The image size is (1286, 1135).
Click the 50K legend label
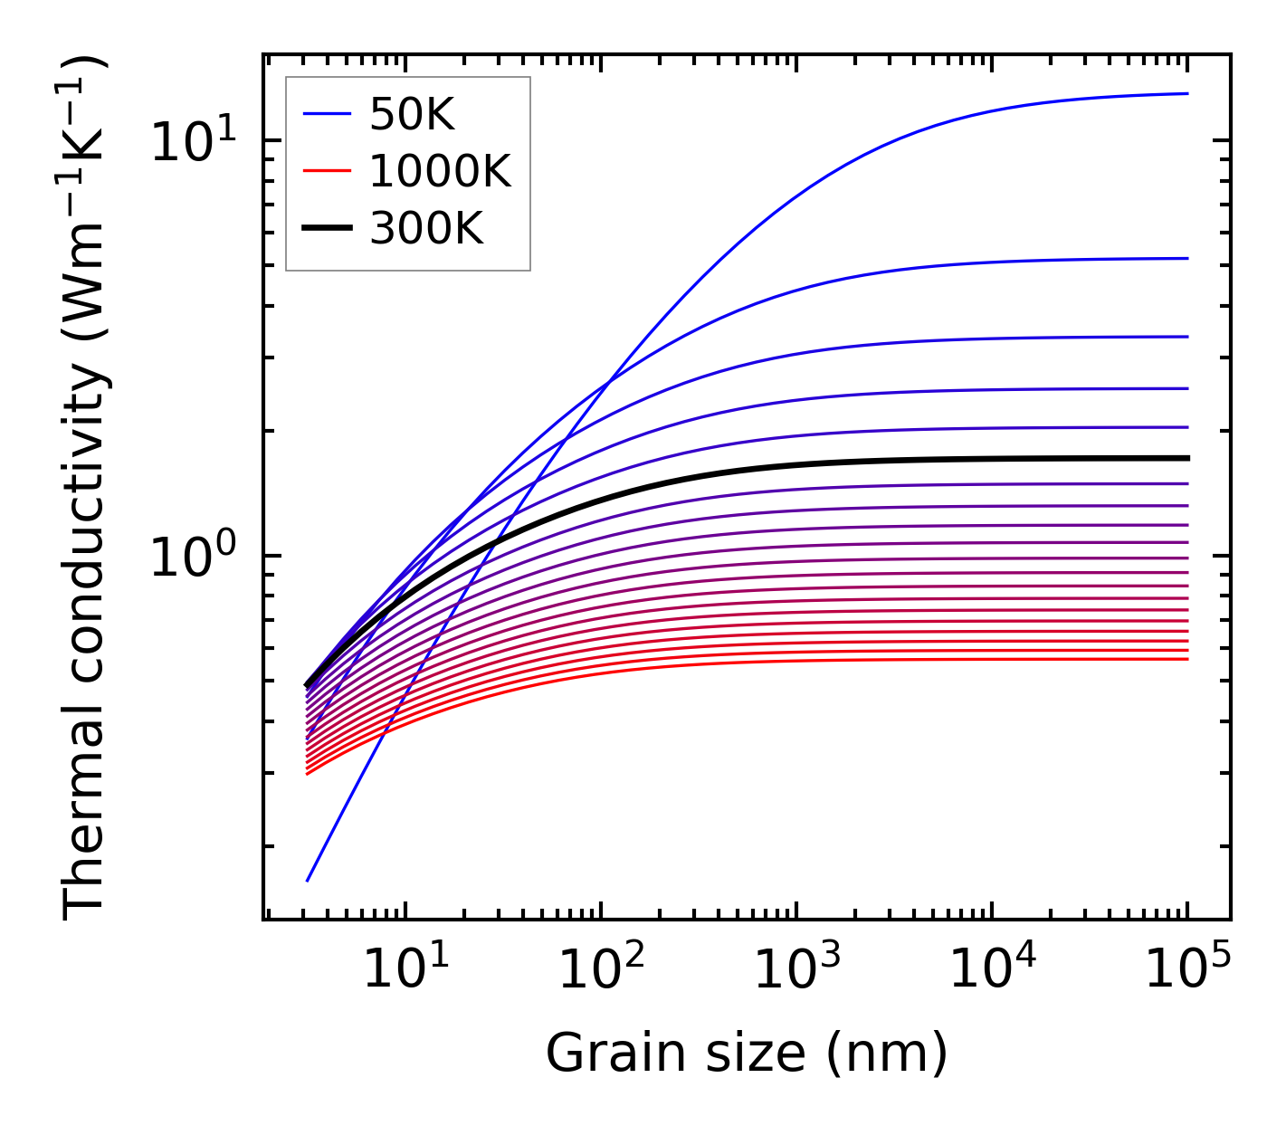pos(412,114)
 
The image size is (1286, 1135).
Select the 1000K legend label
pos(440,171)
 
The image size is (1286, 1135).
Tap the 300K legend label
pos(426,229)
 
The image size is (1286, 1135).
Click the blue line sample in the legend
pos(326,114)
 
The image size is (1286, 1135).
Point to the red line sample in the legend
pos(326,171)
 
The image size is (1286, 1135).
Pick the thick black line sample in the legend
pos(326,229)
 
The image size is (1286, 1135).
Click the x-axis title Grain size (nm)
pos(747,1054)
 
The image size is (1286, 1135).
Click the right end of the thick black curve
pos(1187,458)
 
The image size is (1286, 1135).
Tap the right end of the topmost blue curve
pos(1187,93)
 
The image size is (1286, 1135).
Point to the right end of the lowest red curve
pos(1187,658)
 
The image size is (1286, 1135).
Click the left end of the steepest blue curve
pos(308,880)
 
